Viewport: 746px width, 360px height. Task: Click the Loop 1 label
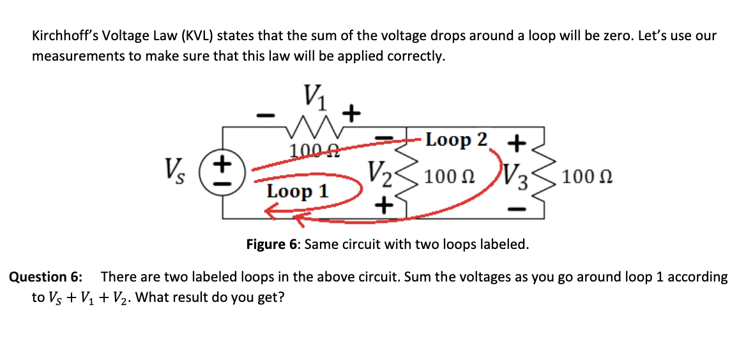[x=298, y=191]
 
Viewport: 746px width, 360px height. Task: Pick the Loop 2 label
[x=457, y=140]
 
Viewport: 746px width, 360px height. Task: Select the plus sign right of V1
[x=351, y=114]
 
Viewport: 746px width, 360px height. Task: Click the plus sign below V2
[x=383, y=206]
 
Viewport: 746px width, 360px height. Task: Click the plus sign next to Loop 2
[x=517, y=142]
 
